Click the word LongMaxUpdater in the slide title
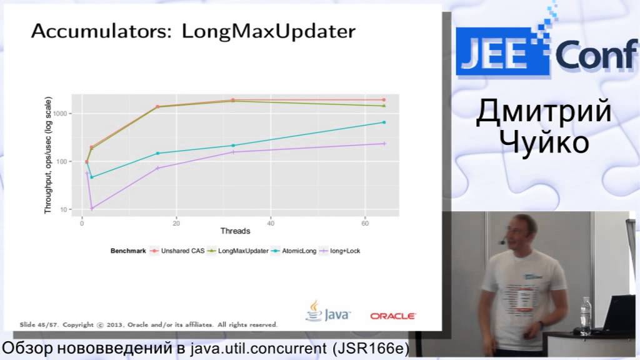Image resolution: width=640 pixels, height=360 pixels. (269, 31)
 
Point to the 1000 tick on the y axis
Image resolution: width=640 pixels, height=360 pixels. (65, 114)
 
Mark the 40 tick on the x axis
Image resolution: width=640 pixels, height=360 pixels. (271, 222)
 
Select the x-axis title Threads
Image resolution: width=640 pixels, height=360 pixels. (235, 231)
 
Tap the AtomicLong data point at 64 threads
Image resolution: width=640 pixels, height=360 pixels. (384, 122)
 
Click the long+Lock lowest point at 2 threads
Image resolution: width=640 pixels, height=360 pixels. (92, 208)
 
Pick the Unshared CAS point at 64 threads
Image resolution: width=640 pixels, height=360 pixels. (384, 100)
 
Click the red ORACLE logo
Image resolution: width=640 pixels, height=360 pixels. (392, 316)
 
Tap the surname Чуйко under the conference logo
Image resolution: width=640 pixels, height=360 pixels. (542, 143)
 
